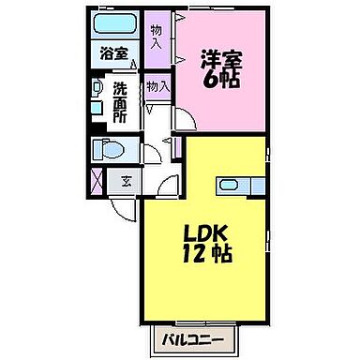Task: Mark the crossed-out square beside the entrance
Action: pyautogui.click(x=97, y=180)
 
